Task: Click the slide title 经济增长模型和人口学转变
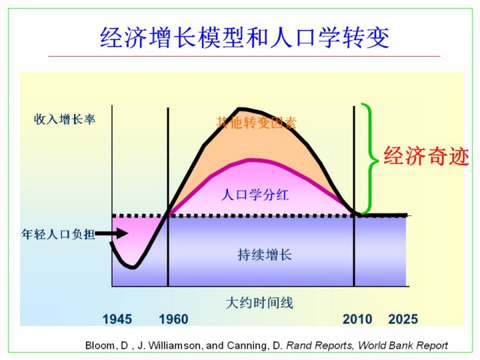244,37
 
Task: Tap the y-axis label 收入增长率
65,119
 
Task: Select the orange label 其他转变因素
256,123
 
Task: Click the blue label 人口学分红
255,195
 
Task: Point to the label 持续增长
265,255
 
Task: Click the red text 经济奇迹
427,156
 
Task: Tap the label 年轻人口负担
58,234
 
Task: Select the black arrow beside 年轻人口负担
111,234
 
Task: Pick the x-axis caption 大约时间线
259,303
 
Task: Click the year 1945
117,319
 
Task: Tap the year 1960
173,319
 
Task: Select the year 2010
357,319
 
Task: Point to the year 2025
403,319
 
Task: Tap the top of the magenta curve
251,160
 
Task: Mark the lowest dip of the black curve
133,267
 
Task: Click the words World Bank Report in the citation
403,345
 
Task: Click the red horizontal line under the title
244,56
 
